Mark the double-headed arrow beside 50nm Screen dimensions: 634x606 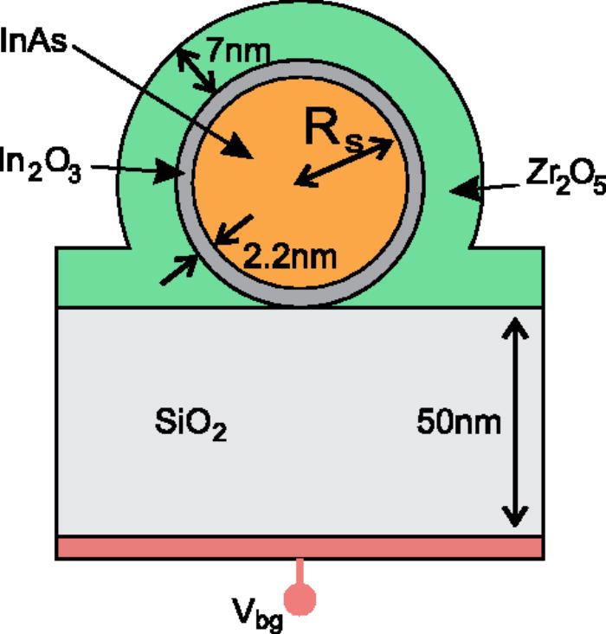click(515, 422)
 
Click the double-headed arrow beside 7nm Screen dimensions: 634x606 click(196, 70)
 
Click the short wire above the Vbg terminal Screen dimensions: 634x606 click(300, 571)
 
